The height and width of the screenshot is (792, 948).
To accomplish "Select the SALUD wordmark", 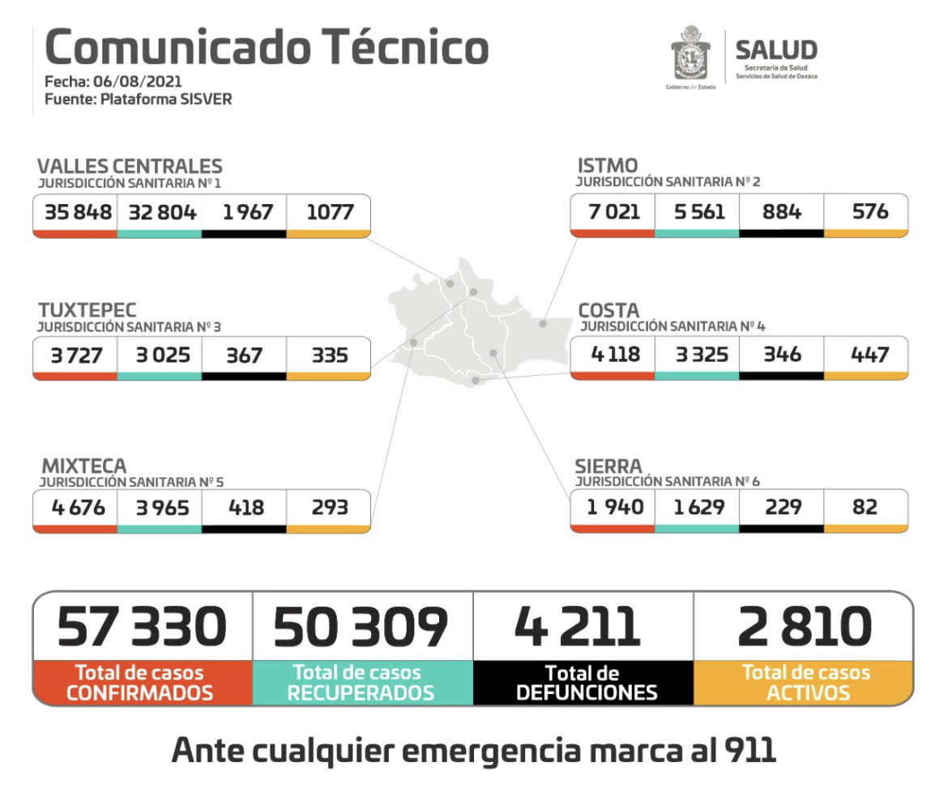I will pos(775,50).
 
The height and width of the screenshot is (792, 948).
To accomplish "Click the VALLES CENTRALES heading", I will pos(130,167).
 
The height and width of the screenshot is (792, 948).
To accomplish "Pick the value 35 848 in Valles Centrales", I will pos(75,213).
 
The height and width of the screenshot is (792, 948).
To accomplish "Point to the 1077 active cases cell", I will pos(330,213).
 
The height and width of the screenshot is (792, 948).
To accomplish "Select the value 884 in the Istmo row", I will pos(782,212).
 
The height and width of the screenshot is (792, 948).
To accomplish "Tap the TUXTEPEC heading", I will pos(88,310).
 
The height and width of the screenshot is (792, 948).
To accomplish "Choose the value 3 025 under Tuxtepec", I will pos(159,356).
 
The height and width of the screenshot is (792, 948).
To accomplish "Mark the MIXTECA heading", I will pos(84,466).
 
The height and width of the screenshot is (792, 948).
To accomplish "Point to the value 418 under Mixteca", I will pos(245,508).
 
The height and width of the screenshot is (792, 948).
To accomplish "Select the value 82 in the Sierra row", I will pos(865,507).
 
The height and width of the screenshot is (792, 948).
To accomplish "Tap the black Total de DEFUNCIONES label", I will pos(583,683).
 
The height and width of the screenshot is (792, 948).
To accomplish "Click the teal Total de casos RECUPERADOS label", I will pos(362,683).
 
